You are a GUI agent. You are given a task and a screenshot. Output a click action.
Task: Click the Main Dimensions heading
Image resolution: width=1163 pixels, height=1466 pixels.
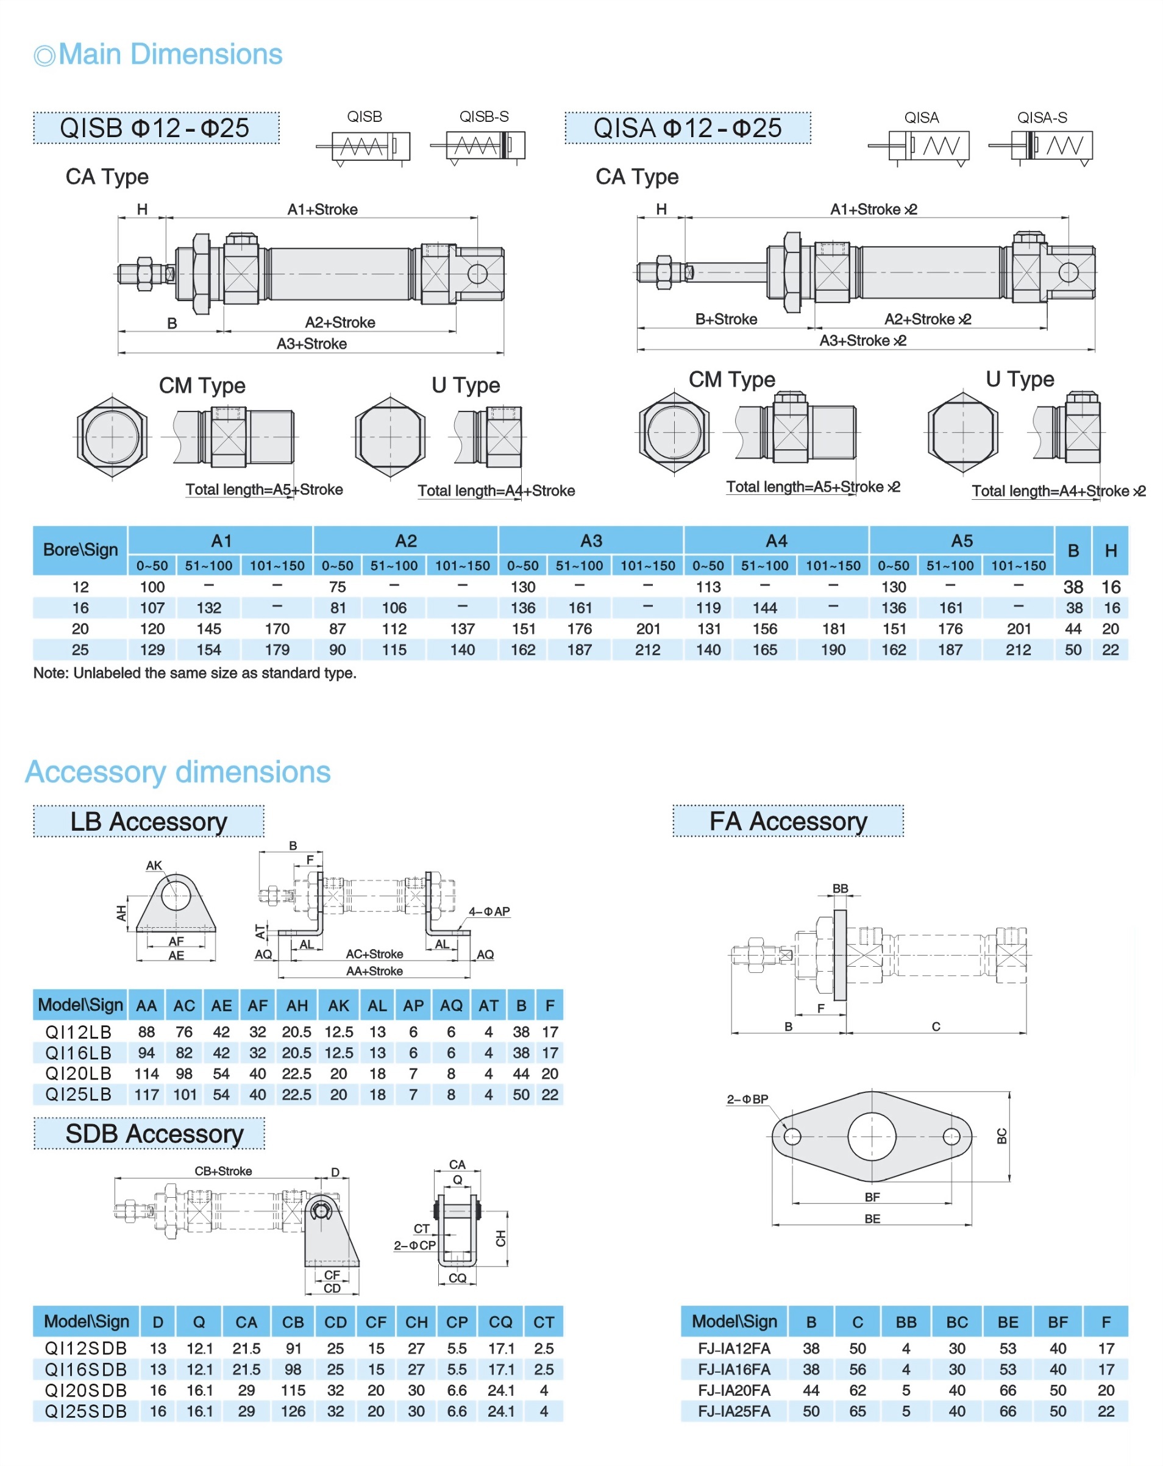169,54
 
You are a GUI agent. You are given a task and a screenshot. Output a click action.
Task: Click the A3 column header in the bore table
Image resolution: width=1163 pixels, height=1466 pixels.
591,541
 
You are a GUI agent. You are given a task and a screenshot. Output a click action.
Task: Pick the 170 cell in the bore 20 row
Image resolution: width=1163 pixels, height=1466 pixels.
277,629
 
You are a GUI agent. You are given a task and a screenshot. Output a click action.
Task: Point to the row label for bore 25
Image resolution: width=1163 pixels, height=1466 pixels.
80,650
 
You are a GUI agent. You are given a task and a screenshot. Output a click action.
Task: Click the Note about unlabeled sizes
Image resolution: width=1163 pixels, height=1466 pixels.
194,673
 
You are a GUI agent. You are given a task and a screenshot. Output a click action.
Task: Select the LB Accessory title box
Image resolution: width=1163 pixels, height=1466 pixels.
148,822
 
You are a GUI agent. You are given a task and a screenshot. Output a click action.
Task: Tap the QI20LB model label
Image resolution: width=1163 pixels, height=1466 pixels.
78,1073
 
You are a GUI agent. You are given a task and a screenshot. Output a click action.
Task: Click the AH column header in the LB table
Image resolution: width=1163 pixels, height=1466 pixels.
296,1006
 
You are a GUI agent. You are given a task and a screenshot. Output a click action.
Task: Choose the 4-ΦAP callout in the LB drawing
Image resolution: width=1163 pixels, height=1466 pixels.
488,912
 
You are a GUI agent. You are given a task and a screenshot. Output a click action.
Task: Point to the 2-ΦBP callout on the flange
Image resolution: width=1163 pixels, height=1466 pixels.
747,1100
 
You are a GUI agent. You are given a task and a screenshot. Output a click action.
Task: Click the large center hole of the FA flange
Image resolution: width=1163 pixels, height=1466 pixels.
871,1136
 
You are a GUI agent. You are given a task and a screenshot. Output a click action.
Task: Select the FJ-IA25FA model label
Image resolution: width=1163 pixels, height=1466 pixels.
734,1412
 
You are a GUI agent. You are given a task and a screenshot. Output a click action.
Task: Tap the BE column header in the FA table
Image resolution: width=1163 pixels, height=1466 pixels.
1007,1323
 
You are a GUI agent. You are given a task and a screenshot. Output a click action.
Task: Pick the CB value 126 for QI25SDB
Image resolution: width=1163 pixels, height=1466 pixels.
293,1412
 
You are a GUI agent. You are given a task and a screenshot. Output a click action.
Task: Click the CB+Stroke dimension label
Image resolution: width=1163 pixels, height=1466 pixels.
223,1171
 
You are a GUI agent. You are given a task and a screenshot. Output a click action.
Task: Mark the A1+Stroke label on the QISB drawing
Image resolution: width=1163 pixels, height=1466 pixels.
322,210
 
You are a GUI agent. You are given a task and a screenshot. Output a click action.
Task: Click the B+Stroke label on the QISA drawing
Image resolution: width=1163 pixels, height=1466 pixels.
726,319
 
